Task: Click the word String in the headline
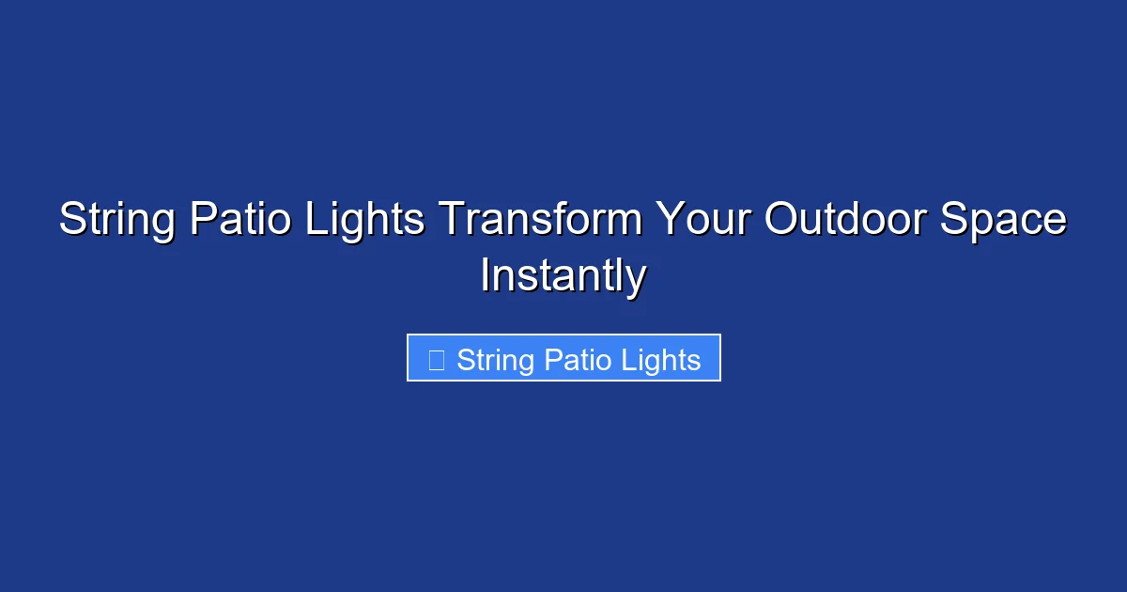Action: [117, 221]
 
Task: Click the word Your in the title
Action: [702, 221]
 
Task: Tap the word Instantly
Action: [563, 276]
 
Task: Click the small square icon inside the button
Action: [436, 360]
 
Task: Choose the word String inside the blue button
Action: [496, 360]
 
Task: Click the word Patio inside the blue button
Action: [577, 360]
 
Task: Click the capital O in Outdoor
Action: [780, 221]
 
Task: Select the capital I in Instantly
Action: [486, 276]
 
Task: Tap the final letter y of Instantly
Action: [636, 280]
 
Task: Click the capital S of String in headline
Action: [71, 221]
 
